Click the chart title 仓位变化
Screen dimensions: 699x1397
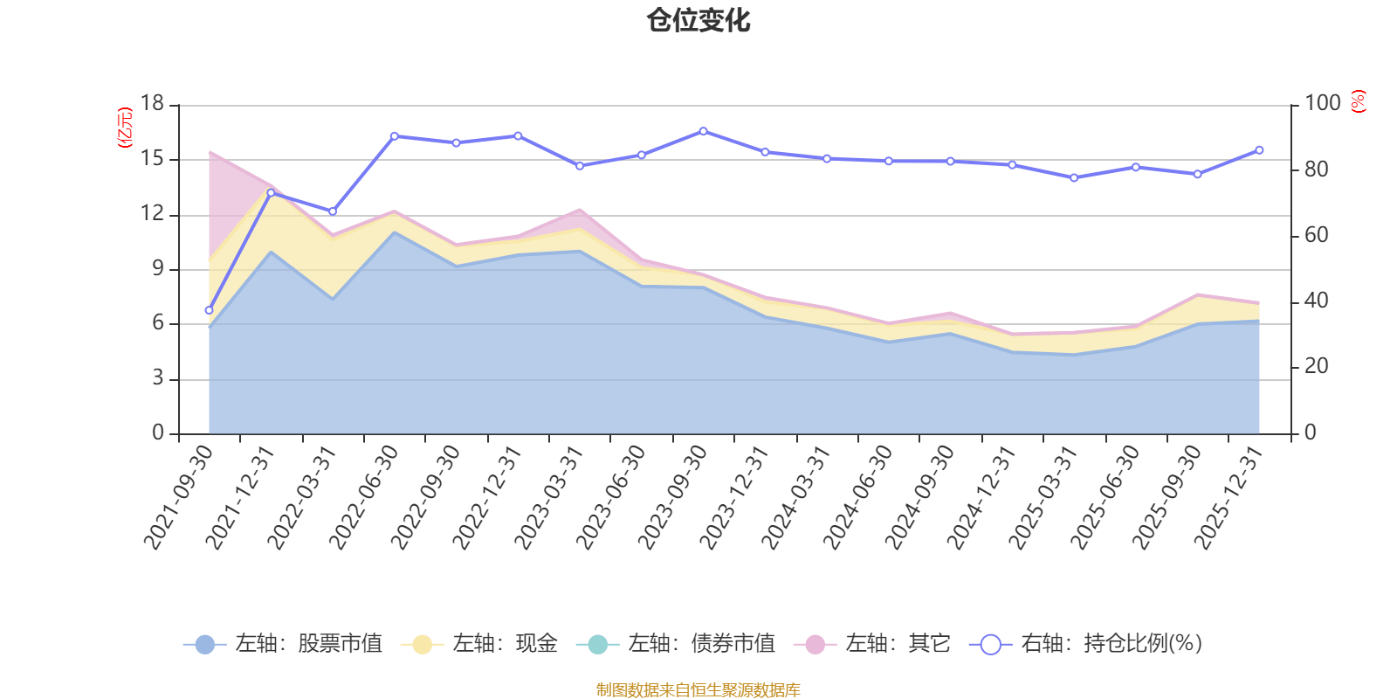(x=698, y=20)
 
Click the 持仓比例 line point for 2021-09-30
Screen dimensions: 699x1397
(x=209, y=310)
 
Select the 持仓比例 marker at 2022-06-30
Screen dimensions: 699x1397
(x=394, y=136)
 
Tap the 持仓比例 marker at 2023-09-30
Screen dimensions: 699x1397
(x=703, y=131)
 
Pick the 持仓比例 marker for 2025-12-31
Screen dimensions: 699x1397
(x=1259, y=150)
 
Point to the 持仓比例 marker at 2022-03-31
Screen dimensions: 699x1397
(x=333, y=211)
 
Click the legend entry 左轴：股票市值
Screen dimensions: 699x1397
(x=283, y=644)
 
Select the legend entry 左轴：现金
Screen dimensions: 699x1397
(x=479, y=644)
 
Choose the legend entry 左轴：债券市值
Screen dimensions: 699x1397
(x=676, y=644)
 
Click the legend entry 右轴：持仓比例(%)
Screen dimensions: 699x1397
(x=1086, y=644)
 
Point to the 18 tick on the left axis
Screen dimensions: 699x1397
(x=153, y=104)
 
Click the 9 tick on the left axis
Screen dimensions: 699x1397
(x=158, y=269)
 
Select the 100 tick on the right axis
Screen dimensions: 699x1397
(x=1322, y=104)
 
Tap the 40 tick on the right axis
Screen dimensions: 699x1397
(x=1316, y=301)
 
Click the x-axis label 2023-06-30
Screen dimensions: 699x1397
(x=611, y=496)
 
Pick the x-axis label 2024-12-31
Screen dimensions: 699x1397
(x=982, y=496)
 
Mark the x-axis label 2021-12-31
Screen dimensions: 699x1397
(x=240, y=496)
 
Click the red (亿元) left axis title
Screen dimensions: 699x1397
(x=125, y=128)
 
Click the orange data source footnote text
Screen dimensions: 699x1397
(x=698, y=690)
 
